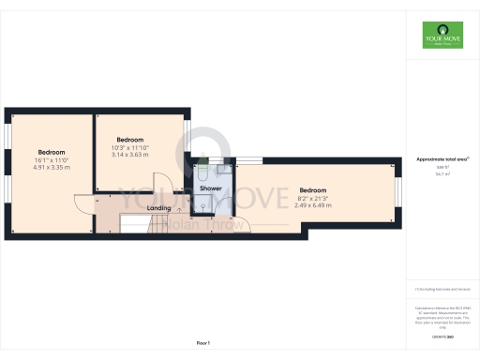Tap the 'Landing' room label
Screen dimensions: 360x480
(x=159, y=208)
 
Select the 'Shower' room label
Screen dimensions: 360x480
(x=211, y=188)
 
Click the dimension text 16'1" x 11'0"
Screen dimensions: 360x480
(x=52, y=160)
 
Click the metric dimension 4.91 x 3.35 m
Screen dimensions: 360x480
(x=52, y=168)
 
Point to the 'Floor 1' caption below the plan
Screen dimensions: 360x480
(x=203, y=344)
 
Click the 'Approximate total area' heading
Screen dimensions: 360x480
(x=442, y=159)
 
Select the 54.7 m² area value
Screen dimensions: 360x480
(x=442, y=174)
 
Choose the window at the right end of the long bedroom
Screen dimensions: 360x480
(x=397, y=191)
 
